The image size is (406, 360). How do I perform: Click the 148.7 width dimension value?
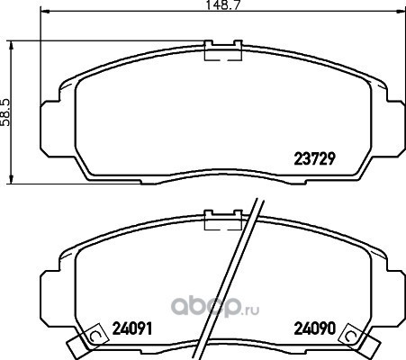click(222, 5)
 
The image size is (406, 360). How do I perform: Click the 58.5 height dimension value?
click(5, 112)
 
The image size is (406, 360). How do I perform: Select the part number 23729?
click(314, 158)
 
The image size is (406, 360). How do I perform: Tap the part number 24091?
click(132, 328)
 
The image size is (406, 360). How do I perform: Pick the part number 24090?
click(314, 328)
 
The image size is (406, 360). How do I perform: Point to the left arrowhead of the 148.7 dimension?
click(44, 12)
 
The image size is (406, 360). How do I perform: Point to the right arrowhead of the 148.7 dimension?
click(401, 12)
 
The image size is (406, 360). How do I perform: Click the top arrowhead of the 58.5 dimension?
click(12, 46)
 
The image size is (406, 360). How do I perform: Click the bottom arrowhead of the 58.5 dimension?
click(12, 179)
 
